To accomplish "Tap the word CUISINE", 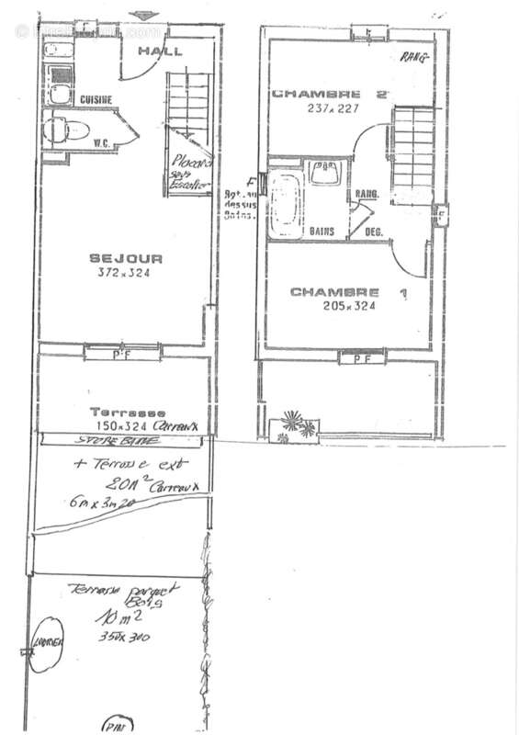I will point(96,99).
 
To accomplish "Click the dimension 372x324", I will point(123,273).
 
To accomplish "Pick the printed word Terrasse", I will point(127,413).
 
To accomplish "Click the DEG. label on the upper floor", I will point(374,232).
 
